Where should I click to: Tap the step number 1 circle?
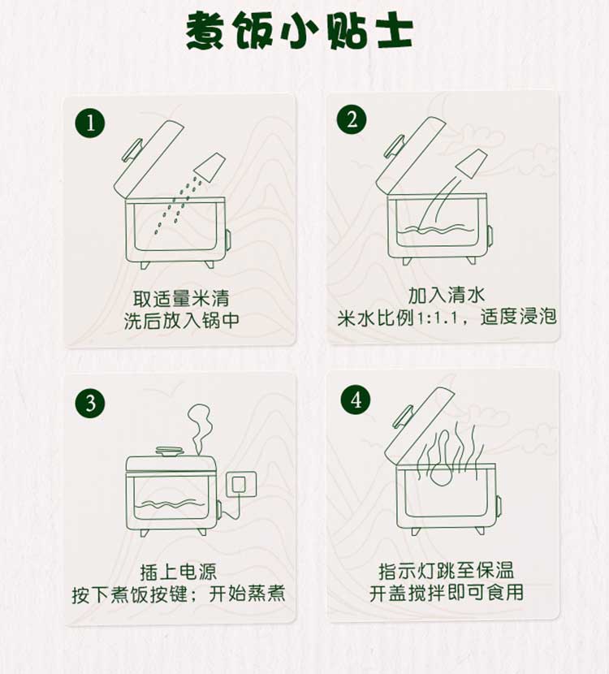(x=90, y=123)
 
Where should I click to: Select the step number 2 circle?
(x=352, y=119)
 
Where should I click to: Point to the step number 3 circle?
(x=90, y=404)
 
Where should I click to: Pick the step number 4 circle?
(x=356, y=400)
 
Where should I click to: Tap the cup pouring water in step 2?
(x=473, y=163)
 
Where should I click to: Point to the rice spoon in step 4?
(x=441, y=460)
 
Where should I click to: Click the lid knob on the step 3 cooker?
(x=170, y=451)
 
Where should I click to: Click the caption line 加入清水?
(x=446, y=295)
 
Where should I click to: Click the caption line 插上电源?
(x=179, y=572)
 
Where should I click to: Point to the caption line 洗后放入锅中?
(x=181, y=320)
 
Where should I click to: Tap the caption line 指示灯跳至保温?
(x=446, y=571)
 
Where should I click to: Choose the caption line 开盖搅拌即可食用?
(x=446, y=593)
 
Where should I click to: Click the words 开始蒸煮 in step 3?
(x=247, y=594)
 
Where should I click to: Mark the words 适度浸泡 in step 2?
(x=518, y=317)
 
